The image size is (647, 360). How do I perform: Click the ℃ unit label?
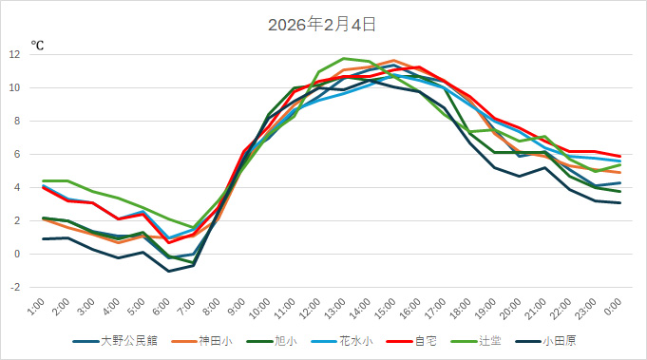[37, 45]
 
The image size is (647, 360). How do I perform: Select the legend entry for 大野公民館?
[118, 340]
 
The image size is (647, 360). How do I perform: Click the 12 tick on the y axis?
[14, 55]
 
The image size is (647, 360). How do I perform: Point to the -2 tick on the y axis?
[14, 287]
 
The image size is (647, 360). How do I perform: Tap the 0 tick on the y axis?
[17, 254]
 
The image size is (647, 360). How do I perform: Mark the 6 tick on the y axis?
[17, 154]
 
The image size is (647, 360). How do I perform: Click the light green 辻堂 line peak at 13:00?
[344, 59]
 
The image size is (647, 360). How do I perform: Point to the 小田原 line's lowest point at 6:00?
[168, 271]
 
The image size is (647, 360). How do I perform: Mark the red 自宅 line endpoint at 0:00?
[619, 156]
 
